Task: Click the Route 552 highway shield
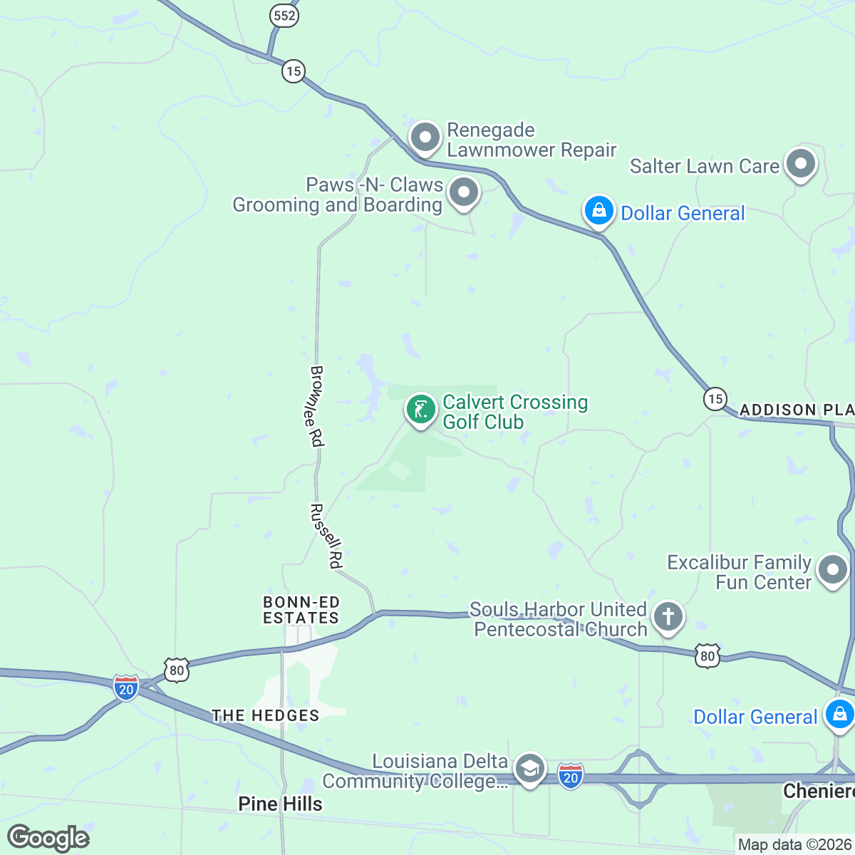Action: (284, 16)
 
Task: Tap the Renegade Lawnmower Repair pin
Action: (425, 137)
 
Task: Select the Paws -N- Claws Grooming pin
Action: (464, 192)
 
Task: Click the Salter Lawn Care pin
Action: (801, 164)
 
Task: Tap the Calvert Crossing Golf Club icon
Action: (421, 410)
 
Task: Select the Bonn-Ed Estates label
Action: (301, 611)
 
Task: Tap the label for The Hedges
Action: (265, 715)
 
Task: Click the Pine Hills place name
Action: (280, 804)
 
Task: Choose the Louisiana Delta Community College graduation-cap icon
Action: (529, 769)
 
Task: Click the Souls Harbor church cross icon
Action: (668, 617)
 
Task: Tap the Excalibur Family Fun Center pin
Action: (832, 570)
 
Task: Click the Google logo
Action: (48, 838)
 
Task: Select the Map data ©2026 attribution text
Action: (794, 845)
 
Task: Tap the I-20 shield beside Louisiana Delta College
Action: (571, 776)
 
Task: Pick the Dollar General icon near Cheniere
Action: (839, 713)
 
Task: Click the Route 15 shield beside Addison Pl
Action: (715, 398)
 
